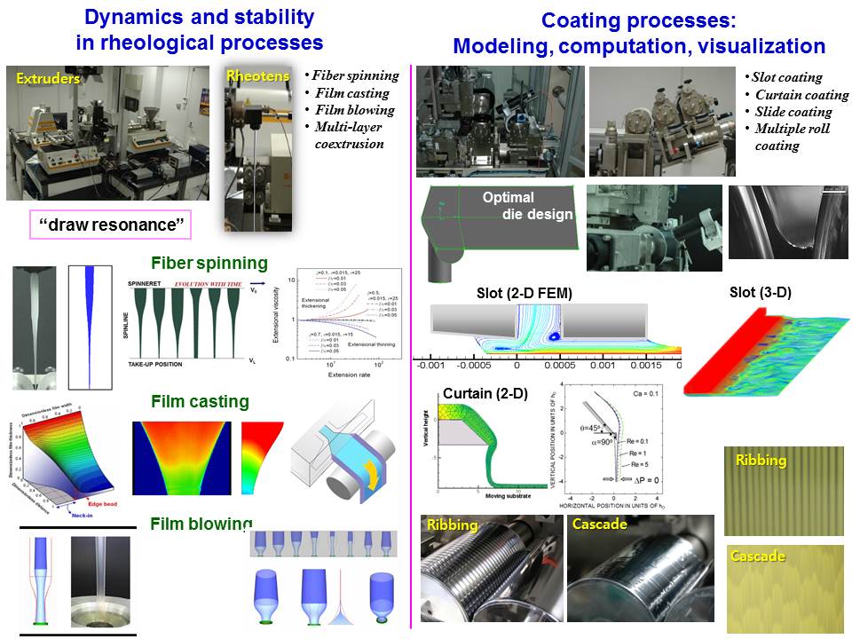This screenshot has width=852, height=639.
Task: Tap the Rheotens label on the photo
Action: (x=258, y=77)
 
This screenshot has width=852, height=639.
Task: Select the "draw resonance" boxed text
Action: (x=110, y=225)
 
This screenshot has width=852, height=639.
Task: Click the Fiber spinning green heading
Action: (x=209, y=263)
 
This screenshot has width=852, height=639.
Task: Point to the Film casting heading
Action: (x=200, y=401)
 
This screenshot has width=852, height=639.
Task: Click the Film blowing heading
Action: (x=201, y=524)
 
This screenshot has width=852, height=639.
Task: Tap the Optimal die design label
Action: (x=527, y=206)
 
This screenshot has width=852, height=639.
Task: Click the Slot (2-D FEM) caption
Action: (x=517, y=294)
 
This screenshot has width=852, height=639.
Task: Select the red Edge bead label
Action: (x=99, y=503)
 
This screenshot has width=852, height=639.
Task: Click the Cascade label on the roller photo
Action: (x=599, y=525)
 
